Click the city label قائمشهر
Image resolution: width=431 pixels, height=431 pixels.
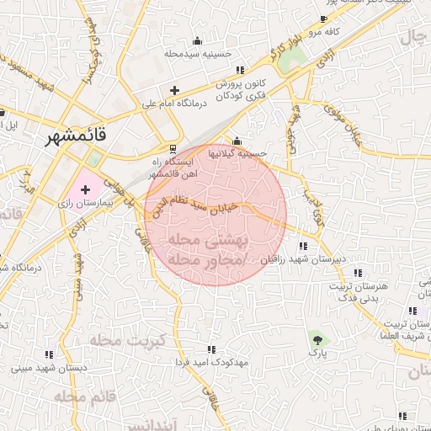click(x=82, y=135)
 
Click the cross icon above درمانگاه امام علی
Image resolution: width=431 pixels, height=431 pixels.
click(x=174, y=90)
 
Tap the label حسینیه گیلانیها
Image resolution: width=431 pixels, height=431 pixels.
click(x=238, y=153)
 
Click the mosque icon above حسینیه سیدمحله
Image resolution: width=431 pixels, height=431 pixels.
click(x=198, y=40)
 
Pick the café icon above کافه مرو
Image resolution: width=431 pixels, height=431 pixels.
click(x=324, y=19)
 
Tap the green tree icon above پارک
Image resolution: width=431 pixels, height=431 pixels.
click(x=317, y=339)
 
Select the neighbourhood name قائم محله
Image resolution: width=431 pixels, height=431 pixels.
click(x=83, y=396)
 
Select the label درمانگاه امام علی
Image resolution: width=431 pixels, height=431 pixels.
click(x=173, y=104)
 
